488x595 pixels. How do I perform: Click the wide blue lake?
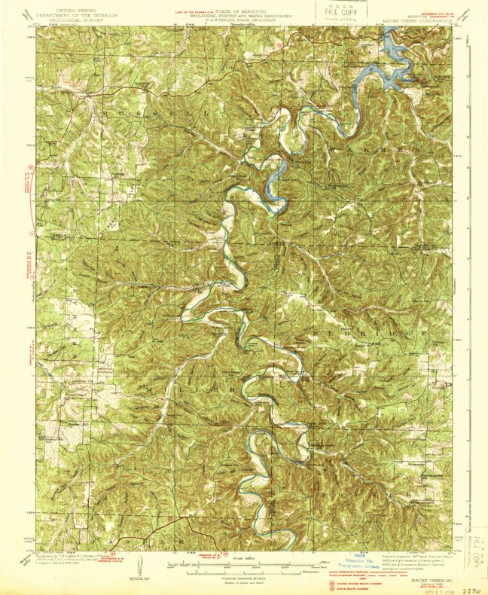(x=392, y=60)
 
